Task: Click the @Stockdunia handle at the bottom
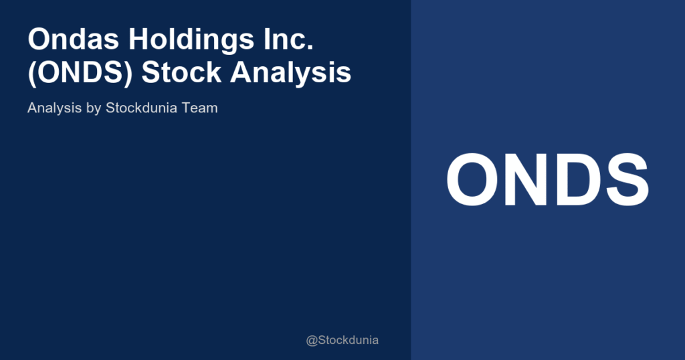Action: pos(342,340)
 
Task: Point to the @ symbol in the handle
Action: pos(311,340)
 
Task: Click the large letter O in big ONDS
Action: pos(472,180)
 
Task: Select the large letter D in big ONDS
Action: pos(575,180)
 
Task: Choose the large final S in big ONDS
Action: pos(625,180)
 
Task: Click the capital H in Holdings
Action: pos(140,40)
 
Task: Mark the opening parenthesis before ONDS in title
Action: pos(32,73)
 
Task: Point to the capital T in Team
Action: pos(187,107)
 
